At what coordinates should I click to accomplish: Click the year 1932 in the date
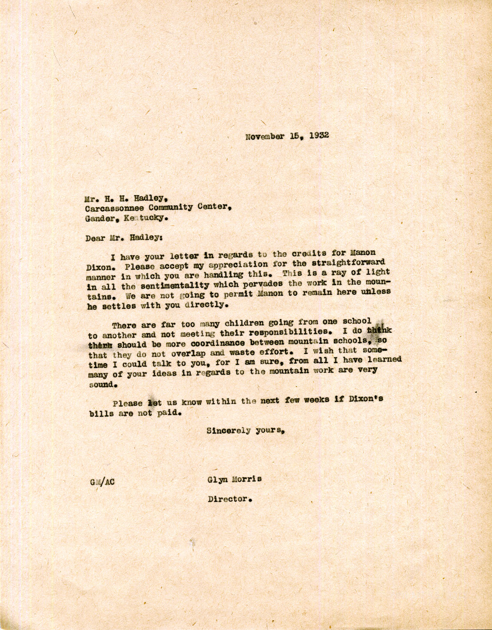(x=317, y=136)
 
